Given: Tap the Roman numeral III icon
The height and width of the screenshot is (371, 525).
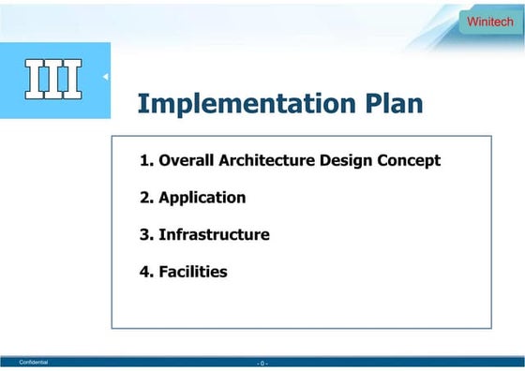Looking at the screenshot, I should click(53, 79).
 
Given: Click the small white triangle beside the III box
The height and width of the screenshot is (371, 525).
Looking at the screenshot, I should click(105, 76).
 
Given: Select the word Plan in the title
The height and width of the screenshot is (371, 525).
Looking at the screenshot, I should click(385, 103).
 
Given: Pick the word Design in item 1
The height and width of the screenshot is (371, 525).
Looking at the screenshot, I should click(346, 160).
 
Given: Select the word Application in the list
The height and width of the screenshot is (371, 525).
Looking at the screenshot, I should click(202, 198).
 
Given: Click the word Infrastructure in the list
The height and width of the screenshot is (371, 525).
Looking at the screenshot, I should click(214, 235).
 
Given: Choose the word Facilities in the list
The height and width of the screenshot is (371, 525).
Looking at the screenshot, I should click(193, 273).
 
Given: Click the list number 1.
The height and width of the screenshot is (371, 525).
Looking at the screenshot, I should click(144, 160).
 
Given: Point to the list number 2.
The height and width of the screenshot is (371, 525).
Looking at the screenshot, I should click(144, 198).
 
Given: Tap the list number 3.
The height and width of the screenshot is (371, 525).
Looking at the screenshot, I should click(144, 235).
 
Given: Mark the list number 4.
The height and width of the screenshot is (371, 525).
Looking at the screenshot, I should click(144, 273).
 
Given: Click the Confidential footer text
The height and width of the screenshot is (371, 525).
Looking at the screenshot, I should click(34, 362).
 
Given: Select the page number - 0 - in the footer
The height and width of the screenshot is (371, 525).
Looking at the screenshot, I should click(262, 363).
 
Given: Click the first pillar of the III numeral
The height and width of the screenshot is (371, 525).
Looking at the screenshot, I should click(36, 79).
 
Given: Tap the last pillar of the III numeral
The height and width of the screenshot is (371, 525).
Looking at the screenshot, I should click(71, 79).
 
